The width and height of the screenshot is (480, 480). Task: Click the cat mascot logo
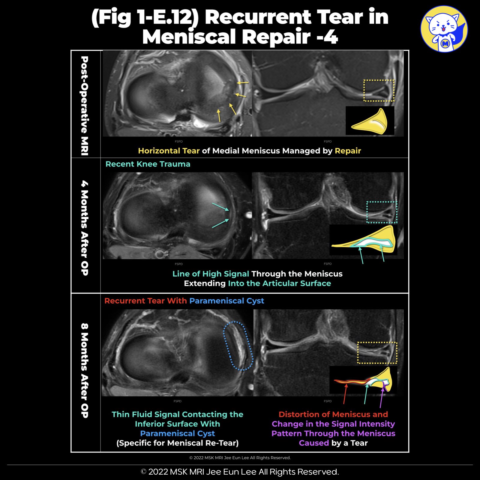point(444,29)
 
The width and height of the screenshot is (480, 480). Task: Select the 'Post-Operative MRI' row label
point(85,106)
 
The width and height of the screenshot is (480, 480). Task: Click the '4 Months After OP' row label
point(85,228)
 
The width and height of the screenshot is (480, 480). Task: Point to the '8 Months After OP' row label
point(85,371)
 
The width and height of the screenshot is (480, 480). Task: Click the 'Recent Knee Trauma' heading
point(148,164)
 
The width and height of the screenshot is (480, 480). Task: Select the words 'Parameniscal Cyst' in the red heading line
point(226,301)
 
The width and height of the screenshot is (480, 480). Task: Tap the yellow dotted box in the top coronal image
point(379,90)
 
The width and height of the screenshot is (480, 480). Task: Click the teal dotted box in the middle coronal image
point(382,212)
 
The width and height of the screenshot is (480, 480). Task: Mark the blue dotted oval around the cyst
point(238,346)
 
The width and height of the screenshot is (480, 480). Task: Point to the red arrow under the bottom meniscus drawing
point(345,394)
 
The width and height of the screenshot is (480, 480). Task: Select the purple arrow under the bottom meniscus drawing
point(382,398)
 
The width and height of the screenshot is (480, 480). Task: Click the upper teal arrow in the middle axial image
point(220,207)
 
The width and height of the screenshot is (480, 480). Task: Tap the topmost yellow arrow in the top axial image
point(243,82)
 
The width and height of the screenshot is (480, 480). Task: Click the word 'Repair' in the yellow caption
point(348,151)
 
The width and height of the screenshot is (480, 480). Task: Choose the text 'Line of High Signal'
point(211,274)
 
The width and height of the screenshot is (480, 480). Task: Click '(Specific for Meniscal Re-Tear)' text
point(177,443)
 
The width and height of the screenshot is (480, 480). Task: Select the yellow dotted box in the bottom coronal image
point(377,353)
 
